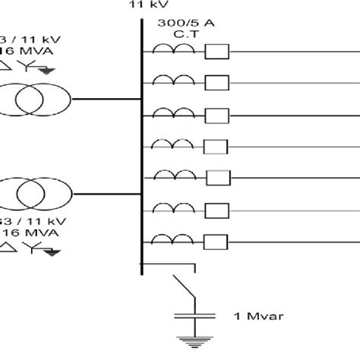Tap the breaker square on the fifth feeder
tap(219, 176)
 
